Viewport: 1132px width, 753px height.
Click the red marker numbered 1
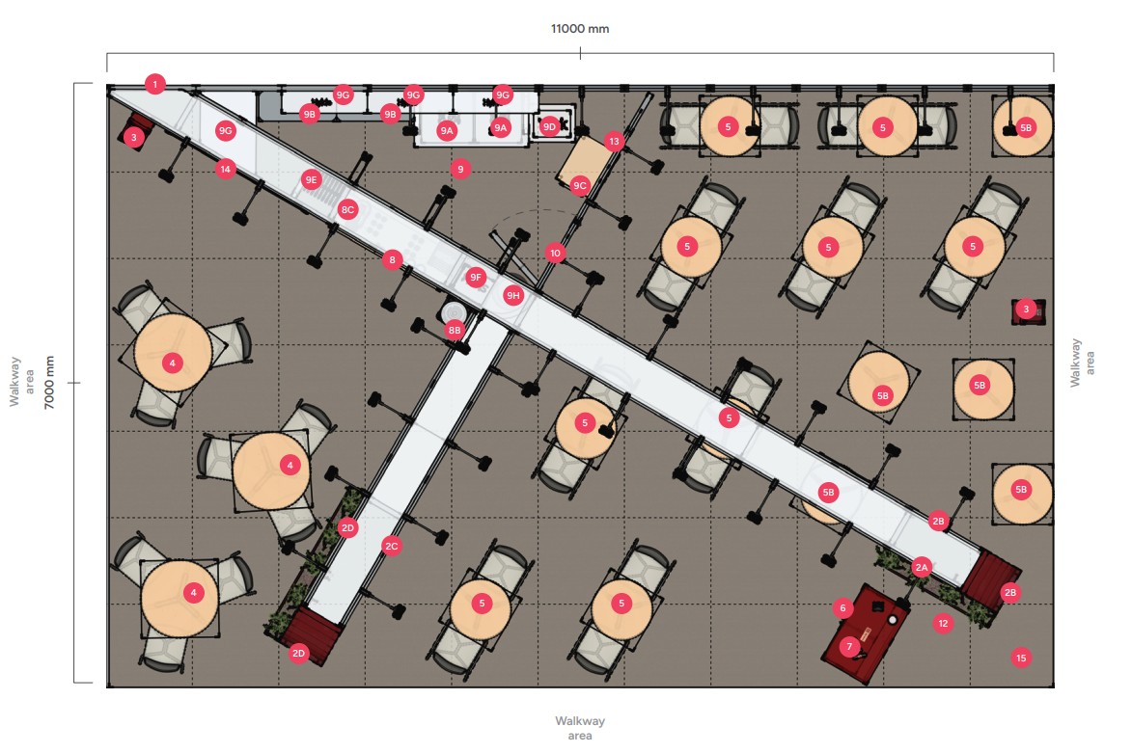coord(155,84)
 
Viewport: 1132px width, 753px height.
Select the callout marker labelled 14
coord(226,169)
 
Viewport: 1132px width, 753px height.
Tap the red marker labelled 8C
coord(348,208)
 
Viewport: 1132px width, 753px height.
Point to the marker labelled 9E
coord(311,178)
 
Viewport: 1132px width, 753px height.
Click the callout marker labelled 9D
coord(549,126)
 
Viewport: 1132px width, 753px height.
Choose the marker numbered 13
coord(615,142)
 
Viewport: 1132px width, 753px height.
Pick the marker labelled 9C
coord(580,185)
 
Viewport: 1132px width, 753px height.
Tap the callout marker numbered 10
coord(555,254)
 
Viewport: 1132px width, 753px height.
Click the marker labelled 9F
coord(476,278)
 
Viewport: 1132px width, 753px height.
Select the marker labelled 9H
coord(513,295)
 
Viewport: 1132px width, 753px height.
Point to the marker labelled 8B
coord(456,330)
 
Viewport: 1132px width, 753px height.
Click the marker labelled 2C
coord(391,546)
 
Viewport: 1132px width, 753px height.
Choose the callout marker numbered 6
coord(842,608)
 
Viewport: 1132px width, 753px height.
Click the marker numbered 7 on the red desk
coord(849,646)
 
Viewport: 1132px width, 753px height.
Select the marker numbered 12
coord(943,624)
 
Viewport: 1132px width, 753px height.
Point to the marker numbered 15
coord(1021,658)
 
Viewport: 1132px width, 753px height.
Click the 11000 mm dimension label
coord(580,29)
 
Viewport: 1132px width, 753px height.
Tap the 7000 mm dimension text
coord(50,382)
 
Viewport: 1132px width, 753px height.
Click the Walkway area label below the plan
coord(580,728)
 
